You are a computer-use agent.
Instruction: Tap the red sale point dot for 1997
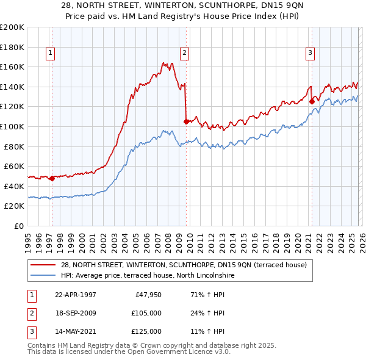point(52,178)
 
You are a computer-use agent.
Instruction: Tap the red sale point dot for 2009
point(186,121)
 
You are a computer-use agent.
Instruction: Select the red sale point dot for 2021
point(312,101)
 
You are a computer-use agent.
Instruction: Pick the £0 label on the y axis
point(18,226)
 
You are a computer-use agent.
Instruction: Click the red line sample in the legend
point(45,265)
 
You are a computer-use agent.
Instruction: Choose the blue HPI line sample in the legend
point(45,275)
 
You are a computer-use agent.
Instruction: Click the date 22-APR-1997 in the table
point(76,295)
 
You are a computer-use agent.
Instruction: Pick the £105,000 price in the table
point(147,313)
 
